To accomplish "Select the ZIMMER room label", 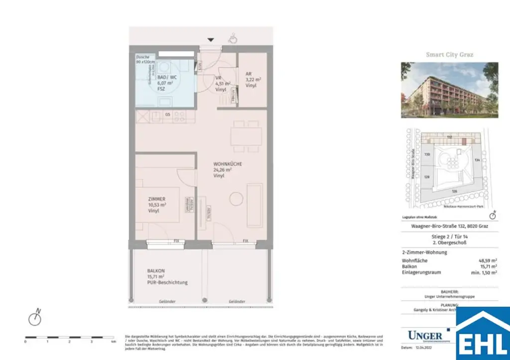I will [x=156, y=199].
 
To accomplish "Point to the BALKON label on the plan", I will [x=156, y=270].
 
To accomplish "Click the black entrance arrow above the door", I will [x=211, y=39].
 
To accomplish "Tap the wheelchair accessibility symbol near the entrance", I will [x=233, y=38].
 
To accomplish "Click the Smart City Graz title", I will [x=449, y=54].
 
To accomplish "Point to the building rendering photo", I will [x=449, y=90].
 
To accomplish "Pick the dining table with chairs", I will [x=246, y=135].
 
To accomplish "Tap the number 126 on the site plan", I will [x=454, y=191].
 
